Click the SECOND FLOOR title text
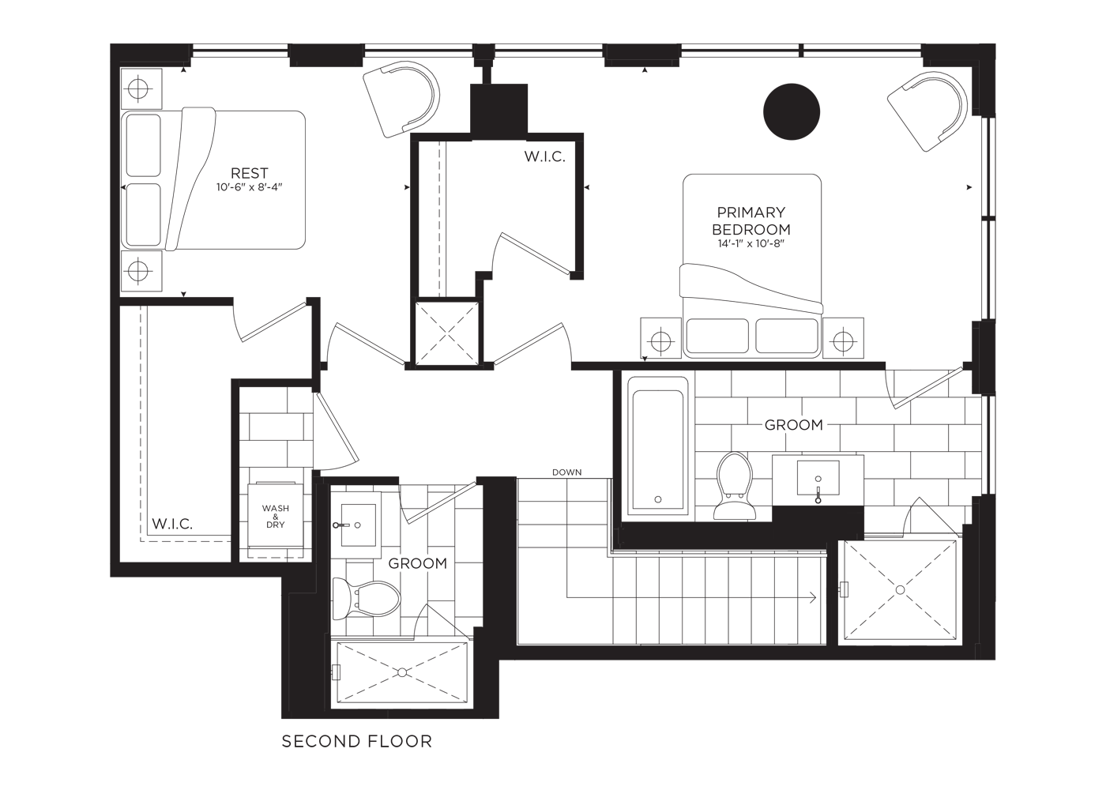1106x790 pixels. tap(356, 741)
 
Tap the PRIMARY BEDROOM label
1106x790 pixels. tap(751, 220)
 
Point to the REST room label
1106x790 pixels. tap(250, 173)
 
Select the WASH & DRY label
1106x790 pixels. tap(276, 516)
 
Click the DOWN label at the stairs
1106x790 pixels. tap(567, 472)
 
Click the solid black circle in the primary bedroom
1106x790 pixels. tap(792, 111)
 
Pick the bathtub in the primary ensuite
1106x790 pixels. tap(657, 446)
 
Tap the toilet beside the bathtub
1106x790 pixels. tap(734, 486)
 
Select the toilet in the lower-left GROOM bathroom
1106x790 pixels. tap(366, 599)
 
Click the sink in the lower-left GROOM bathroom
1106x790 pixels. tap(359, 525)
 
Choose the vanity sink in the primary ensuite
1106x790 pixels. tap(818, 477)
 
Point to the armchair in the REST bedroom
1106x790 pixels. tap(401, 100)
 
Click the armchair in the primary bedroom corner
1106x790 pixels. tap(927, 111)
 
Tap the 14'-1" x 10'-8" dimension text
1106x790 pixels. tap(751, 243)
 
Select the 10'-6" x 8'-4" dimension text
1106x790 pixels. tap(250, 188)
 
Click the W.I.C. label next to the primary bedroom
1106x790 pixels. tap(544, 156)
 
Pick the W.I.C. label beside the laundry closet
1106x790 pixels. tap(172, 524)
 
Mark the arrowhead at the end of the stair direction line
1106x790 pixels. tap(814, 598)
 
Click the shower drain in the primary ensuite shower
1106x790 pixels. tap(900, 589)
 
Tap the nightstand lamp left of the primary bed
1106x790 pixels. tap(661, 340)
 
